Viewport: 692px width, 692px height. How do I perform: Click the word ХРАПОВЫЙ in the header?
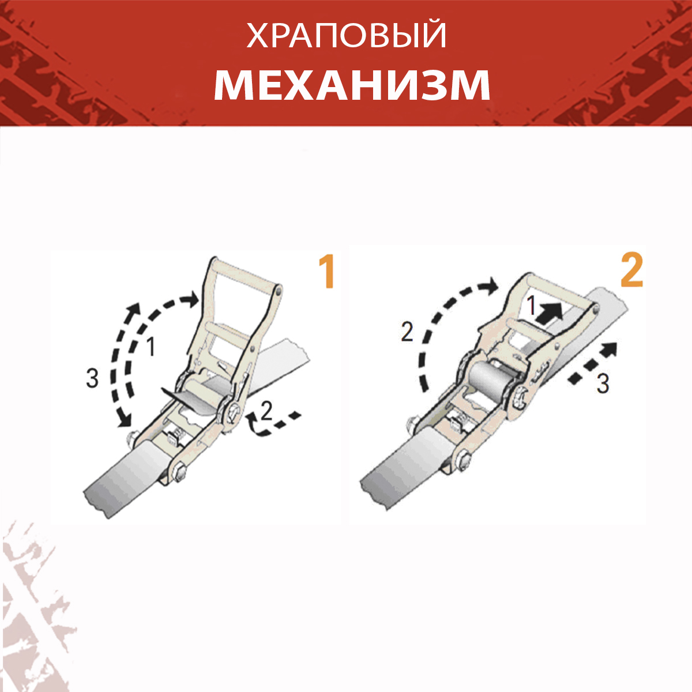pos(346,36)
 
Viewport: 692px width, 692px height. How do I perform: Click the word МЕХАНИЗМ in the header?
pos(352,85)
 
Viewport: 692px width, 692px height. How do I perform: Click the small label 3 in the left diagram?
pos(92,378)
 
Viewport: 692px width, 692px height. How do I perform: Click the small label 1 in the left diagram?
pos(151,347)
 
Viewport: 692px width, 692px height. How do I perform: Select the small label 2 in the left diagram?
pos(266,411)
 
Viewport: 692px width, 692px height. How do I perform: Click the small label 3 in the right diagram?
pos(603,384)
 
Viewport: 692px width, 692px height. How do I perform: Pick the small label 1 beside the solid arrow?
pos(532,306)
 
